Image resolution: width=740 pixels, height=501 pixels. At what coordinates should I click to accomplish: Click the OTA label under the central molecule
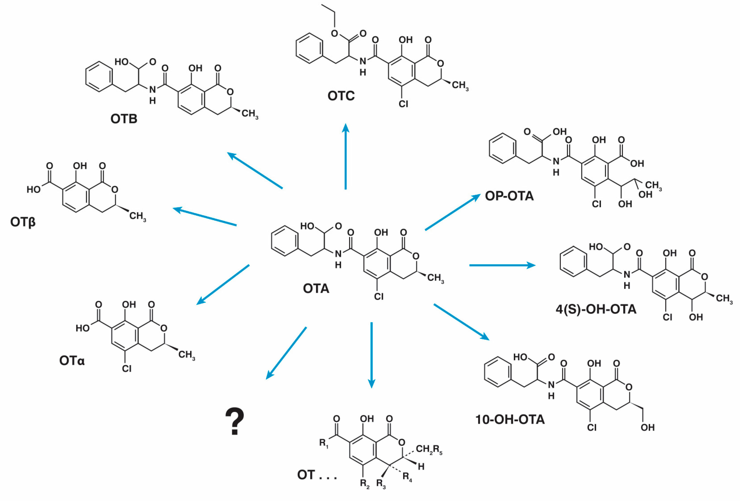(316, 289)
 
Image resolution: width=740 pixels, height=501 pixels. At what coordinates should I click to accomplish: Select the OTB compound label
(124, 119)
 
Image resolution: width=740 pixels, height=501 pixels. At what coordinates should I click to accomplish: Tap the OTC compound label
(341, 96)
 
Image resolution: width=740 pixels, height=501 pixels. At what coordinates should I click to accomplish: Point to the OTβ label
(23, 222)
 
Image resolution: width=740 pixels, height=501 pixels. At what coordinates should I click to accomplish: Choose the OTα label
(72, 360)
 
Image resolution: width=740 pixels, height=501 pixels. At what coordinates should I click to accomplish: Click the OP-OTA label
(509, 196)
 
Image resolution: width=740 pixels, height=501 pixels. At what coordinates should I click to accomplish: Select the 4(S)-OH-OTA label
(596, 309)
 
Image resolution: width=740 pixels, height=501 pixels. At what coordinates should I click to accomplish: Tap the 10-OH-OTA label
(510, 420)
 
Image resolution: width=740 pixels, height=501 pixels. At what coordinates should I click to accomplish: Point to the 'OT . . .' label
(317, 475)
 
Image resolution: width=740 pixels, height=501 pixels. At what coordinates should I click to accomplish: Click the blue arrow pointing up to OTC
(346, 156)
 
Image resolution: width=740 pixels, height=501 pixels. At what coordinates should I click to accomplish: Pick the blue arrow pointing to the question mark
(286, 353)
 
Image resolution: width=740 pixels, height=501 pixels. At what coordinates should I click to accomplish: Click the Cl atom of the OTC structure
(403, 104)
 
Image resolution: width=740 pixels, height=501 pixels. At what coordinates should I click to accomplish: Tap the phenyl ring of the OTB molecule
(99, 77)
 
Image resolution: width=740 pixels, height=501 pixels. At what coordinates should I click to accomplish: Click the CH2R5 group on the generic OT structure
(429, 449)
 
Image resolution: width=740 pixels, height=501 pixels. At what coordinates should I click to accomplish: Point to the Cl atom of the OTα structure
(126, 368)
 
